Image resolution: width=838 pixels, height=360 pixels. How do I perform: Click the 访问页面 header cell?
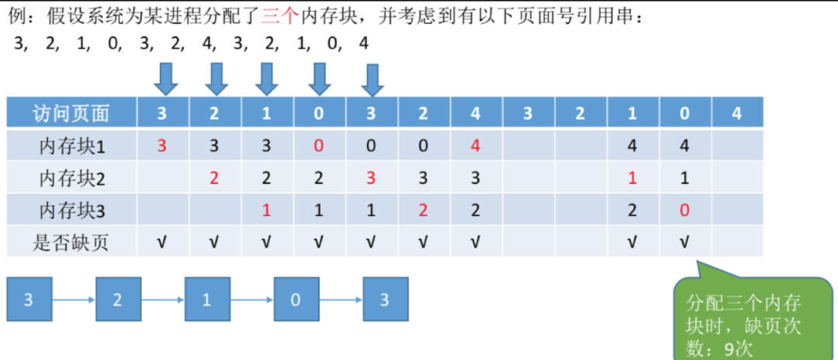(x=71, y=112)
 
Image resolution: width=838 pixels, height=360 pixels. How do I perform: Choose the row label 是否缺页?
(x=71, y=243)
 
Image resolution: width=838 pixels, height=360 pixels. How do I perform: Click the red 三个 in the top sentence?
(x=279, y=17)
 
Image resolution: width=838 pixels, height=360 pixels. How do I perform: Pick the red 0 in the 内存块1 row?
(x=319, y=146)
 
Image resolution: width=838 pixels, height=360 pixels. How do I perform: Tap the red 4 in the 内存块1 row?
(x=476, y=146)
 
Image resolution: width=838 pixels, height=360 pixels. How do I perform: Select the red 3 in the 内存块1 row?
(x=162, y=146)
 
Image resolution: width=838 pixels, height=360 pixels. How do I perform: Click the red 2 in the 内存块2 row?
(x=214, y=178)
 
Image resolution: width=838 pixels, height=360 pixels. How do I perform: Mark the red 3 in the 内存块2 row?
(x=371, y=178)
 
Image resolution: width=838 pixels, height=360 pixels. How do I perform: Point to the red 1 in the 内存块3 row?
(x=267, y=211)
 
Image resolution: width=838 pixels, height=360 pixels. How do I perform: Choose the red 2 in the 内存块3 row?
(x=424, y=211)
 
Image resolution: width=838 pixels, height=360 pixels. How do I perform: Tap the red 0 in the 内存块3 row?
(x=684, y=211)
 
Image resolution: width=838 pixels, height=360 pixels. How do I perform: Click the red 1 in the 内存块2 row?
(x=632, y=178)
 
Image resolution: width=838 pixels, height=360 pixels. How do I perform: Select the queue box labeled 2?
(x=118, y=299)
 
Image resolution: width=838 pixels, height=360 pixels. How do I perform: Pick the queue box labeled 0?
(x=296, y=299)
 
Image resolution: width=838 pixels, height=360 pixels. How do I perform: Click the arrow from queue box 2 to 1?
(x=163, y=299)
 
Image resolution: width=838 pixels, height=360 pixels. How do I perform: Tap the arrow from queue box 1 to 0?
(x=252, y=299)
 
